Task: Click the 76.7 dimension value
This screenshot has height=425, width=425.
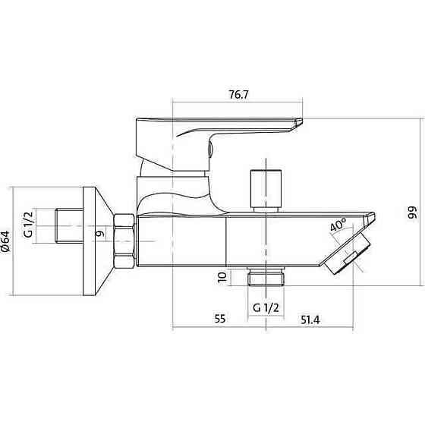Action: coord(238,95)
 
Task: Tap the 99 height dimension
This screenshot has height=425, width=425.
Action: coord(412,212)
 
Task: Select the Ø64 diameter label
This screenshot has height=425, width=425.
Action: coord(6,241)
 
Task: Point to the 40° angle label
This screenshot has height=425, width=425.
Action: coord(338,224)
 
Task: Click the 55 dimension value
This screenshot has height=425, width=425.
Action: coord(220,319)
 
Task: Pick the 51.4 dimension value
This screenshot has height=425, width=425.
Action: coord(310,320)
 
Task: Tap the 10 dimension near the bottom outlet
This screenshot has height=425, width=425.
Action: coord(222,277)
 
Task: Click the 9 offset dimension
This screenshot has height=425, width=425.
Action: coord(100,233)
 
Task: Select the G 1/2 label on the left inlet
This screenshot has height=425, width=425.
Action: coord(29,225)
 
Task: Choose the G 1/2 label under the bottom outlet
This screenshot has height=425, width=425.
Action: coord(266,307)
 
